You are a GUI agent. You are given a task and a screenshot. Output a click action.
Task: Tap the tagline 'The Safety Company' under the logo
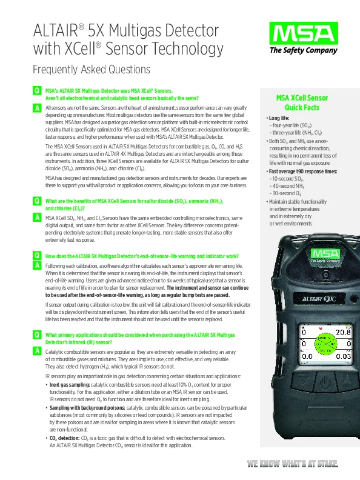(303, 50)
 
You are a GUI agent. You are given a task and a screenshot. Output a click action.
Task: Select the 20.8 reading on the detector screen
(343, 333)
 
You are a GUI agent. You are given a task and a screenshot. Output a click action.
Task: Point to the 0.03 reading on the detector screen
(343, 356)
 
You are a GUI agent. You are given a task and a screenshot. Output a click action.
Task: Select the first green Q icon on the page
(37, 90)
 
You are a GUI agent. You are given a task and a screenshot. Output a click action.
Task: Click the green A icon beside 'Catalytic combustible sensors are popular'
(37, 352)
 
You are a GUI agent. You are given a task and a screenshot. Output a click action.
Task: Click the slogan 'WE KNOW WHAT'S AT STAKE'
(292, 464)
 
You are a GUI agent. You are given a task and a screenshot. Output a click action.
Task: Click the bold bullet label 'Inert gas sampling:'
(70, 384)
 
